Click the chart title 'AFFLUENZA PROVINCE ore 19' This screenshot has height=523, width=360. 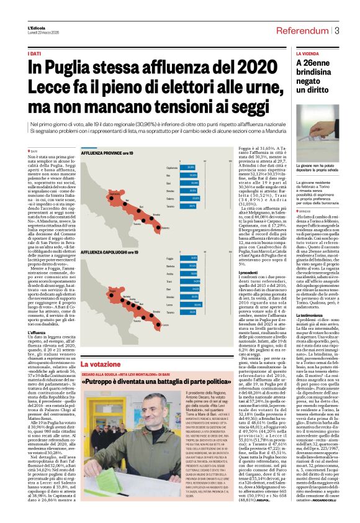click(x=89, y=153)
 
